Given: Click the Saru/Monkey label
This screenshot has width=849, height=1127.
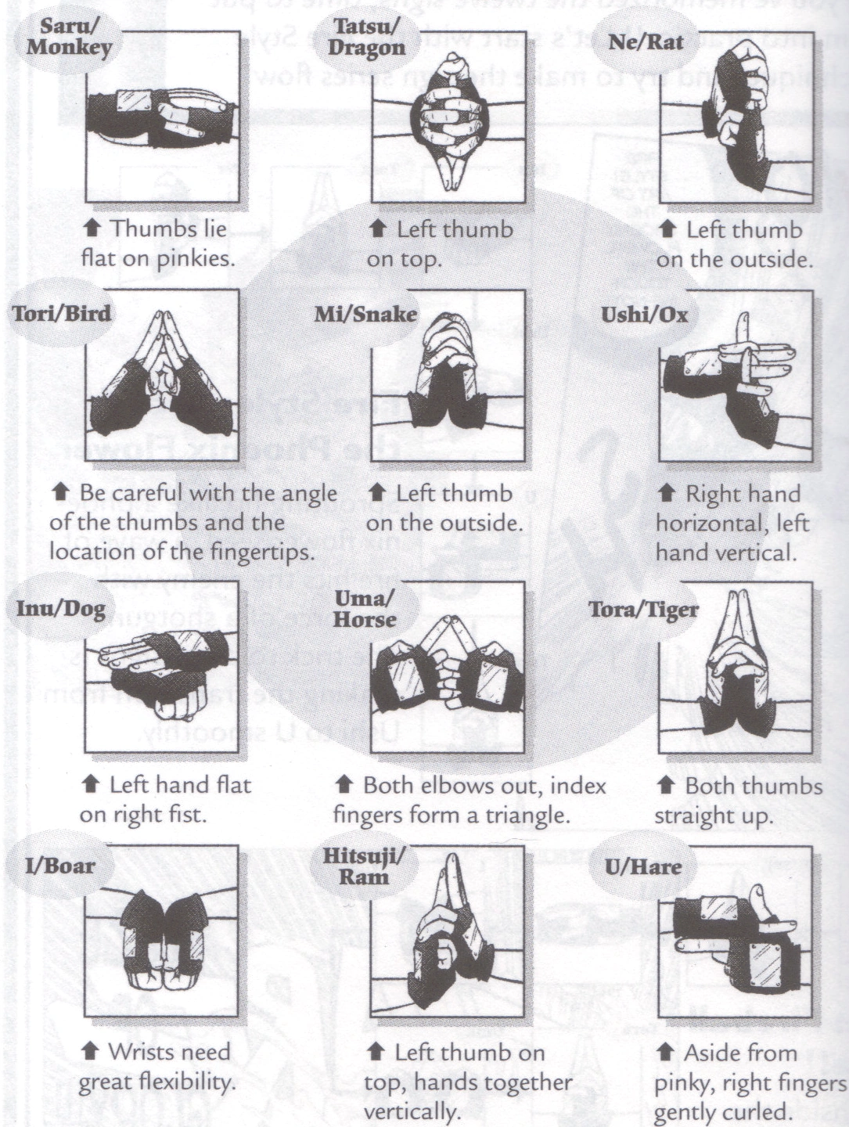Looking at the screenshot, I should click(x=69, y=37).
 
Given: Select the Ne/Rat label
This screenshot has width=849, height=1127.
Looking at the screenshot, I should click(x=646, y=41).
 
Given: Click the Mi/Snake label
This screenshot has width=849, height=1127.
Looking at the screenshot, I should click(x=365, y=315).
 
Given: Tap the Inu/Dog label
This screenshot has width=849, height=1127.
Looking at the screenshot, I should click(x=61, y=609).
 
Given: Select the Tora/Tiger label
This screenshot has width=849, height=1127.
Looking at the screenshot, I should click(x=644, y=610).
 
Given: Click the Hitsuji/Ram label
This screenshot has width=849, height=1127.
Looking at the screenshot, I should click(x=365, y=865).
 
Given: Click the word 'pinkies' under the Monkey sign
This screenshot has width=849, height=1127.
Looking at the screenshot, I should click(x=196, y=259).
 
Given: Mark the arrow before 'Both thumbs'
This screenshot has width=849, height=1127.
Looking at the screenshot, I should click(x=667, y=785).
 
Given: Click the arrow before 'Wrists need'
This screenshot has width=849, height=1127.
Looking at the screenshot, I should click(x=90, y=1051).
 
